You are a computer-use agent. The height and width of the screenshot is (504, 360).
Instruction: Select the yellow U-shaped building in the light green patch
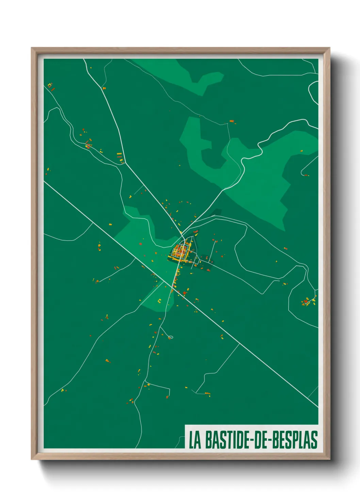point(159,301)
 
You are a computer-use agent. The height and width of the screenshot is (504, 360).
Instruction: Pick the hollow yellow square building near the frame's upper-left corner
point(50,85)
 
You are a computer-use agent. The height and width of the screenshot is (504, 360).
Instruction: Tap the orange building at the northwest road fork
point(104,88)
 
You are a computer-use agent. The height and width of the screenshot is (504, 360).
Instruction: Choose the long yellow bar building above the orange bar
point(119,154)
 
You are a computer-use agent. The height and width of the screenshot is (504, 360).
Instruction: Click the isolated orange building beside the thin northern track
point(232,121)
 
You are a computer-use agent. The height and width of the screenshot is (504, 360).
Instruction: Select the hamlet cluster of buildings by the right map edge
point(308,301)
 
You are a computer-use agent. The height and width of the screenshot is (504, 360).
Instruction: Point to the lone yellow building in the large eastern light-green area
point(301,150)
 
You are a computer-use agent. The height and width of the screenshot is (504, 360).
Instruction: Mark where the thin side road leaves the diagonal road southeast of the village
point(239,344)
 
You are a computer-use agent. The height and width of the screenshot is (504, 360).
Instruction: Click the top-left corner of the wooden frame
point(32,48)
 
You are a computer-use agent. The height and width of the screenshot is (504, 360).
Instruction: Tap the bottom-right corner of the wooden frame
point(329,459)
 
